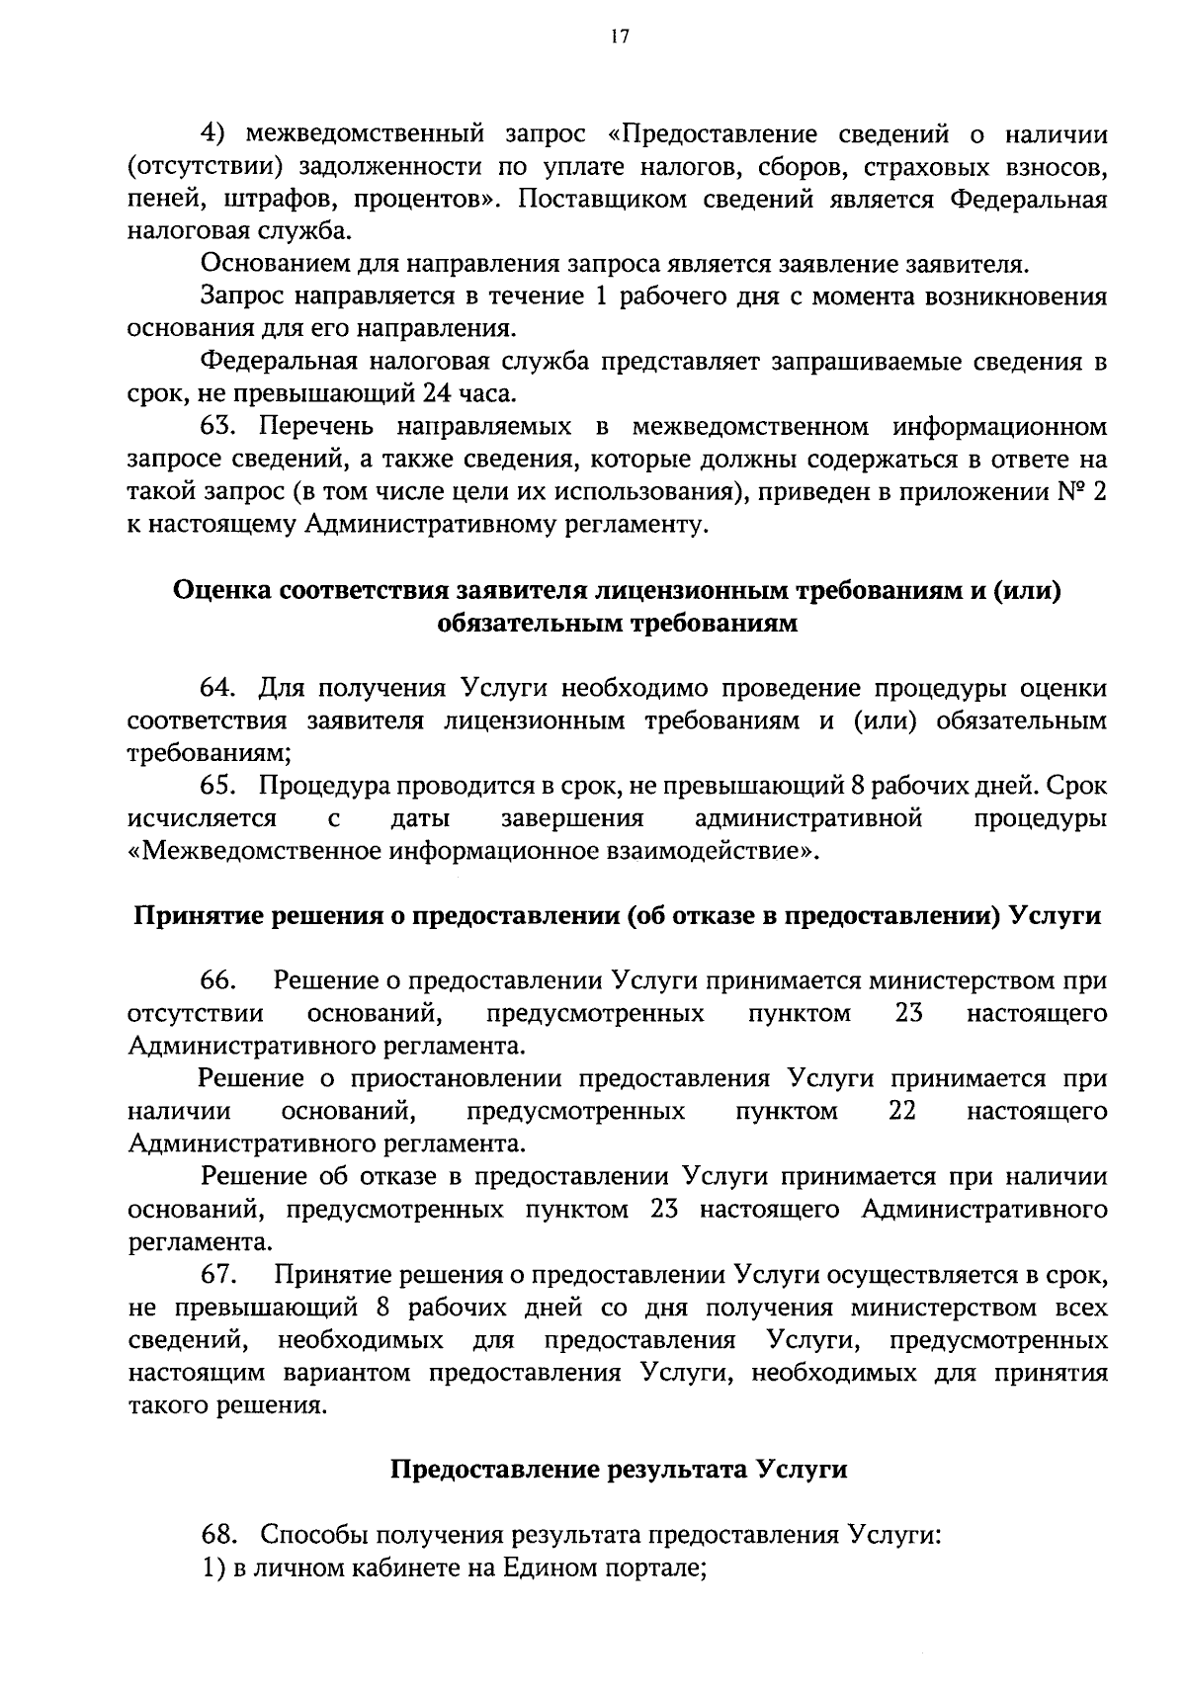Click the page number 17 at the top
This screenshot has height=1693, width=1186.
coord(619,37)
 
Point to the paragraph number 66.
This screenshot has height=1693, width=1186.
coord(216,981)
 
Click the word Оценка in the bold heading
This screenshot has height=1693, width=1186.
coord(222,590)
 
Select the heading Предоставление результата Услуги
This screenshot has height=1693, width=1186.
coord(619,1470)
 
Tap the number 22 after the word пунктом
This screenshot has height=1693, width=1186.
coord(902,1112)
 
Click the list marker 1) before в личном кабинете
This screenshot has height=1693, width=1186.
coord(214,1567)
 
